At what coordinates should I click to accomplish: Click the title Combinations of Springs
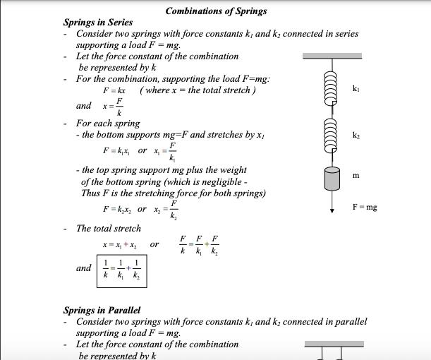(x=216, y=11)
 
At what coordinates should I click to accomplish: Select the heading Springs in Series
(x=97, y=23)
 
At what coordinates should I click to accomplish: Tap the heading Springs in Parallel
(x=102, y=310)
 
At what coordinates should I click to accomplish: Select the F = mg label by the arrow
(x=364, y=208)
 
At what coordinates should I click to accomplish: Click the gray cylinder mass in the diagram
(x=332, y=179)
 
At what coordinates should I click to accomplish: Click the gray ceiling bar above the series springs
(x=332, y=56)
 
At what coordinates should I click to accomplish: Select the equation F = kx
(x=114, y=92)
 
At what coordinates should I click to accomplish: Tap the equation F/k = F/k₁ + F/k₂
(x=200, y=245)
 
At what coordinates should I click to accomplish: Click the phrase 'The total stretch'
(x=109, y=228)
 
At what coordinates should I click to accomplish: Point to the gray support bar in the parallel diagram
(x=334, y=344)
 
